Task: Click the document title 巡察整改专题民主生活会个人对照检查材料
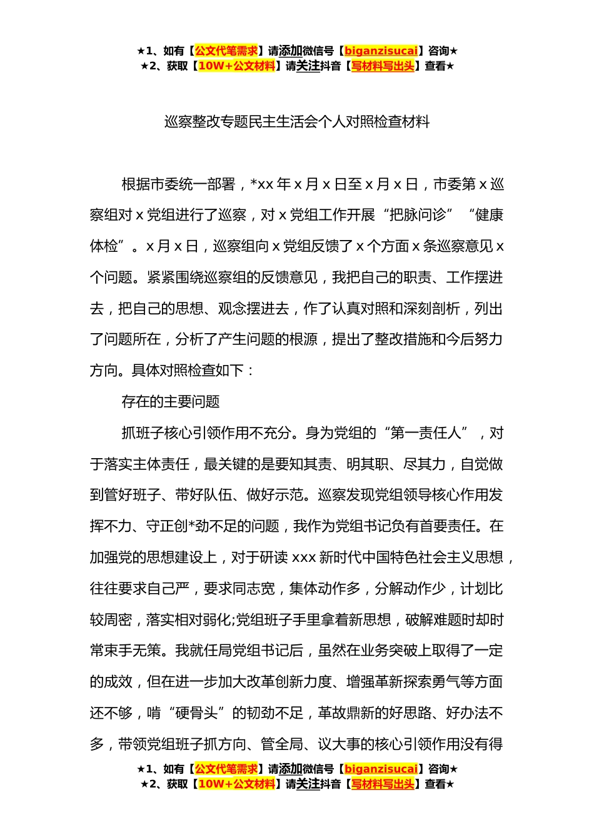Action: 297,122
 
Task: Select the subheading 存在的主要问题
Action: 171,402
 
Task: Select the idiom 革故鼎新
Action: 346,713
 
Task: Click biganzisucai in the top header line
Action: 381,51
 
